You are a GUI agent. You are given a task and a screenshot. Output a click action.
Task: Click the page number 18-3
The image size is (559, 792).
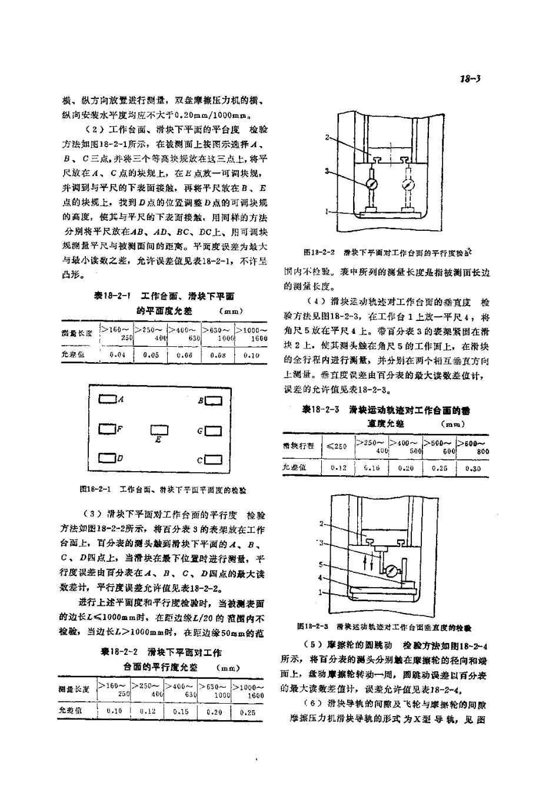pyautogui.click(x=473, y=78)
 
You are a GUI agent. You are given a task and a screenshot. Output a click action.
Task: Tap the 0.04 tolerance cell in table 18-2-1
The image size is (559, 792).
pyautogui.click(x=118, y=355)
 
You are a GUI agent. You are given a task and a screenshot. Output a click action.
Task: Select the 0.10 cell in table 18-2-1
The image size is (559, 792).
pyautogui.click(x=251, y=355)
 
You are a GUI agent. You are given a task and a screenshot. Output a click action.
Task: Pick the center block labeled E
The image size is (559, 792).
pyautogui.click(x=159, y=430)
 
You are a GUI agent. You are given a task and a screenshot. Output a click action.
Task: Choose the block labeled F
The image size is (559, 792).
pyautogui.click(x=107, y=430)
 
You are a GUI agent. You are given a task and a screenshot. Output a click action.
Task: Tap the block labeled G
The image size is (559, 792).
pyautogui.click(x=214, y=431)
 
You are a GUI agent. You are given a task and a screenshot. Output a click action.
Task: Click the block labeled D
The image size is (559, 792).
pyautogui.click(x=107, y=458)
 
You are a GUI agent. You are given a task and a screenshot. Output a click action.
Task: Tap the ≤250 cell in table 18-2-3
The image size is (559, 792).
pyautogui.click(x=338, y=446)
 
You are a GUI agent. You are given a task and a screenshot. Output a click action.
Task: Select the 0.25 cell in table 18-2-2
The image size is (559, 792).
pyautogui.click(x=248, y=711)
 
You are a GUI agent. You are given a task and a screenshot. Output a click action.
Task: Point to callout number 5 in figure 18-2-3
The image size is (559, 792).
pyautogui.click(x=321, y=564)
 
